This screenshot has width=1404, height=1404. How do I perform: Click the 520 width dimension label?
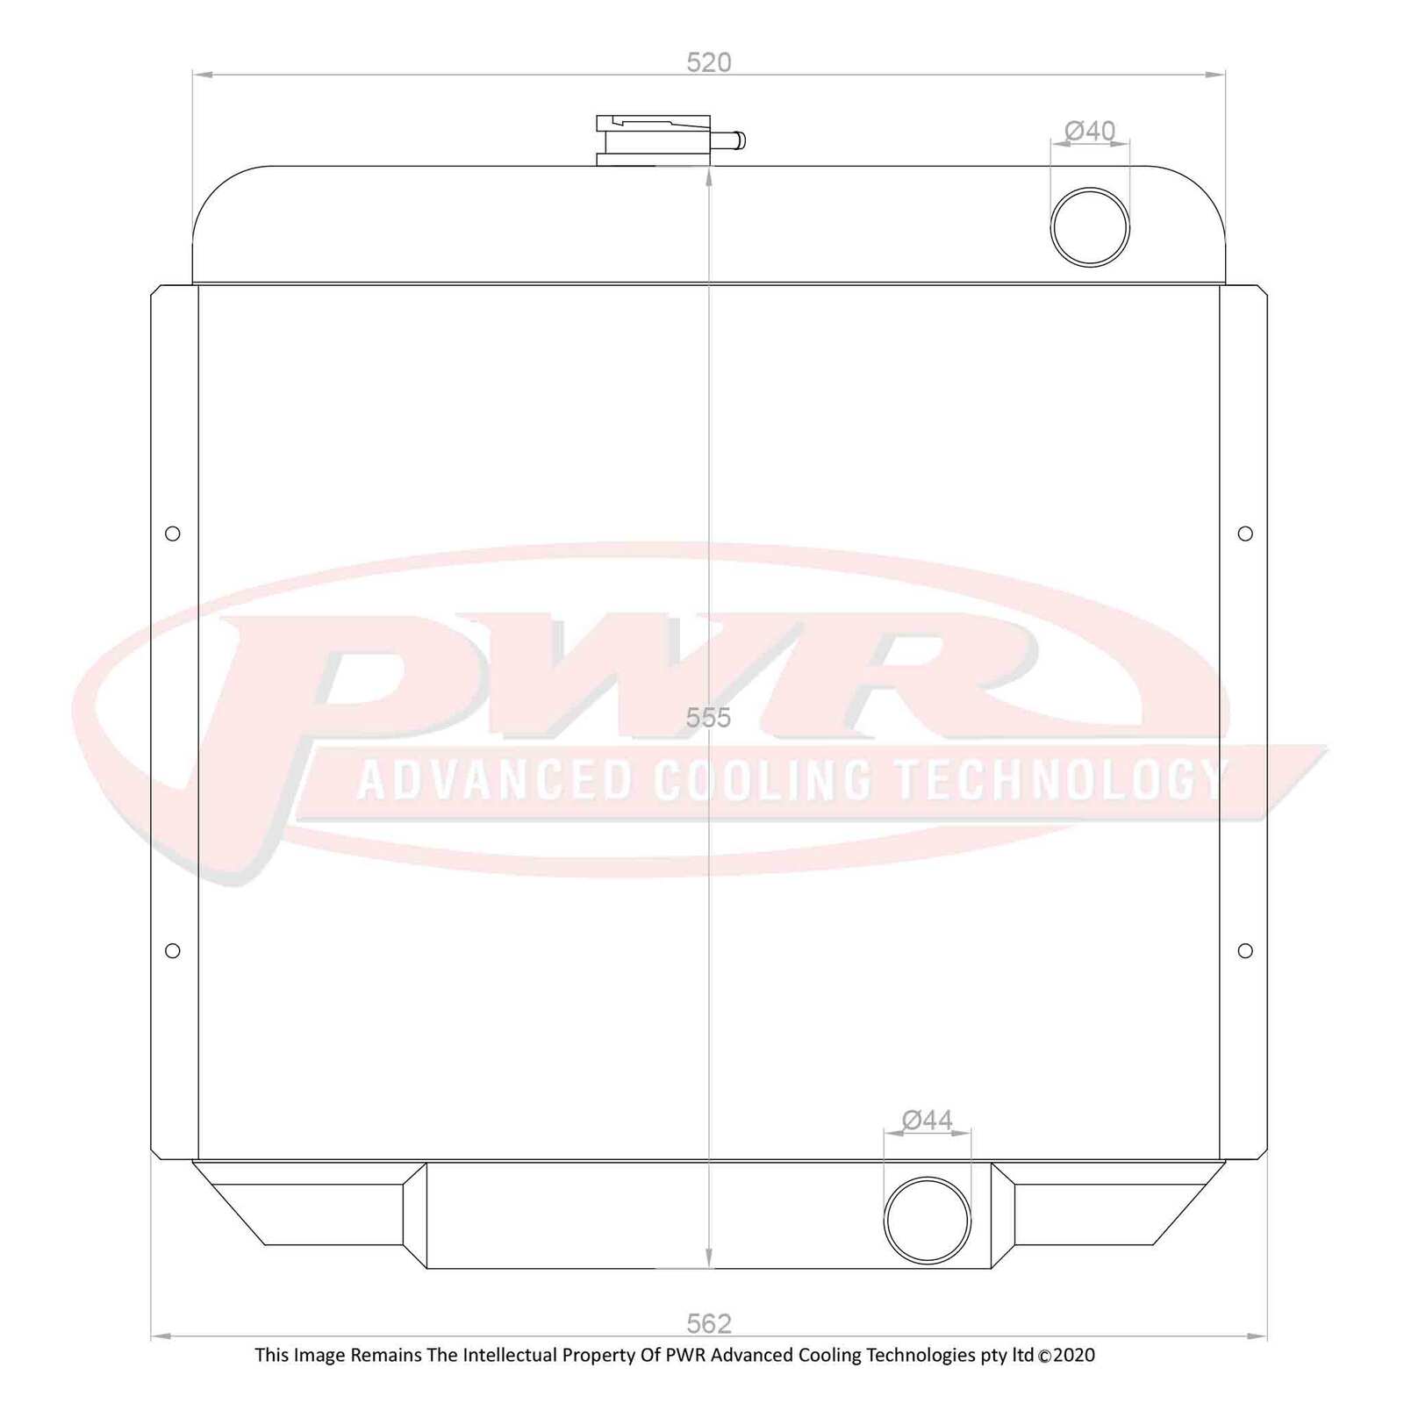tap(708, 62)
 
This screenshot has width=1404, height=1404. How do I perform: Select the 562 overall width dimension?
tap(708, 1322)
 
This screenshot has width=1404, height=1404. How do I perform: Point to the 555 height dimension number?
tap(708, 718)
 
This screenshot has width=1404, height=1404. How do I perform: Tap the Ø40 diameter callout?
tap(1090, 131)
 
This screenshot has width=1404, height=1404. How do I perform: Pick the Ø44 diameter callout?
tap(928, 1120)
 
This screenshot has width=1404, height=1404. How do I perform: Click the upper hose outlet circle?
tap(1090, 226)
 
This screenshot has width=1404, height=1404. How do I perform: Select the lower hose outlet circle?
tap(928, 1220)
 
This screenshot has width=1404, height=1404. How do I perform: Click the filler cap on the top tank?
tap(653, 140)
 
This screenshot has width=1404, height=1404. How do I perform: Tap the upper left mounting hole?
tap(173, 534)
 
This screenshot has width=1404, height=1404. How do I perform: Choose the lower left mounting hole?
tap(173, 950)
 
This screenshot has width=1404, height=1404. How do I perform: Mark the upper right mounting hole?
tap(1245, 534)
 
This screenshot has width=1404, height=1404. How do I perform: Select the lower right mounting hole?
tap(1245, 950)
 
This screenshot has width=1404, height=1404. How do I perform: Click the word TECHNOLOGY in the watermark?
tap(1060, 779)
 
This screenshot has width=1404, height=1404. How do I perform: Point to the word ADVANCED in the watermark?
tap(496, 779)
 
